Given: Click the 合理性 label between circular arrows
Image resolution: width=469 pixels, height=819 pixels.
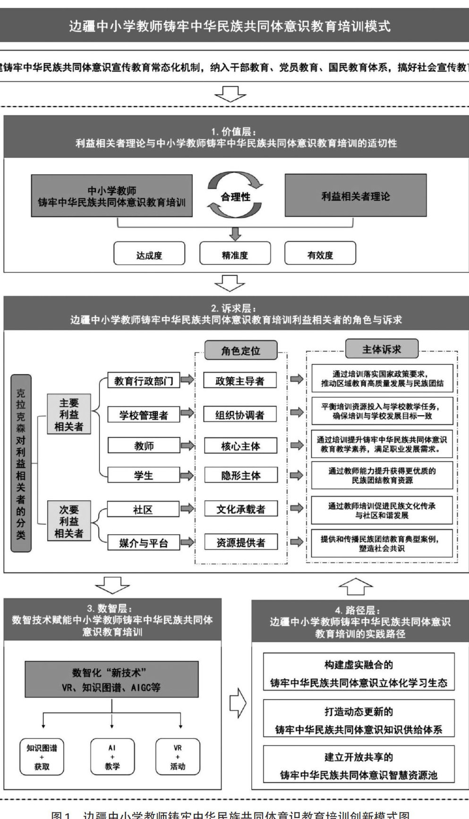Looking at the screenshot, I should [236, 196].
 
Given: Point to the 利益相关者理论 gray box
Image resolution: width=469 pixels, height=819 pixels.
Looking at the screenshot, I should [355, 196].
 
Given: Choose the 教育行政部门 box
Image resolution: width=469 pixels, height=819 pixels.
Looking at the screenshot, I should [144, 381].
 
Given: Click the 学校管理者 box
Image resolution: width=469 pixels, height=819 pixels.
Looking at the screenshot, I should [144, 415].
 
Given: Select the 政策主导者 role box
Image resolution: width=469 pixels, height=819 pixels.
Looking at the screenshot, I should [240, 381].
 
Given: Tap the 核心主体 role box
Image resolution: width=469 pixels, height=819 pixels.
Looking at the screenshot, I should [240, 446].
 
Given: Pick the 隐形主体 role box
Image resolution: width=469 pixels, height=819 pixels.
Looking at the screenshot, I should [240, 476].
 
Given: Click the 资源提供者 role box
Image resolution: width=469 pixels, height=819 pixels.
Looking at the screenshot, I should [240, 543].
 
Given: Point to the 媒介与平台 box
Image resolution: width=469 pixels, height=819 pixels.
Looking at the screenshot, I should [144, 543].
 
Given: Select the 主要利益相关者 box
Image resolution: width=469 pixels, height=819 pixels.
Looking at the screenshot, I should [69, 414].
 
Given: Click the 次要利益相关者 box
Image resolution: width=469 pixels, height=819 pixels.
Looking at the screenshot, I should [69, 521].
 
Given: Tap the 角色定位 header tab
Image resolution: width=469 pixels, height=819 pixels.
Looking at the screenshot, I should [240, 350].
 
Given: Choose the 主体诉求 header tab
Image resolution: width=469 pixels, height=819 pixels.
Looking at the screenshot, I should [381, 349].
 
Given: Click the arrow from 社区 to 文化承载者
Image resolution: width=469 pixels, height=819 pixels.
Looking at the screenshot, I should [188, 509].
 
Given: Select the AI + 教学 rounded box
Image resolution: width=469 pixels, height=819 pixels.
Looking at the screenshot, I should [112, 757].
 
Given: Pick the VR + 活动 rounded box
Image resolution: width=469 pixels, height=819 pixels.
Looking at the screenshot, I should [178, 757].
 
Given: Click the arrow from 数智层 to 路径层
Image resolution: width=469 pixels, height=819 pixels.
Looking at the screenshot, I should [238, 702].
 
